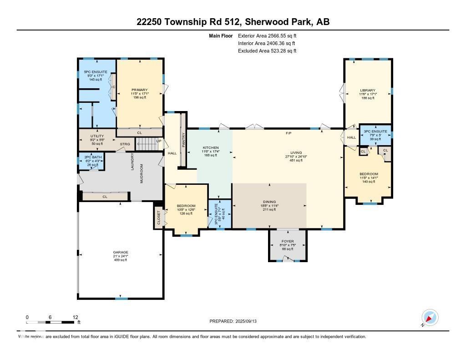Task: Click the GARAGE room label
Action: point(121,252)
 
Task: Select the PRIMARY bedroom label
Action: point(140,90)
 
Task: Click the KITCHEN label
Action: point(211,147)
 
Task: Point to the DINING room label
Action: point(269,202)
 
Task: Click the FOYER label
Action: point(288,241)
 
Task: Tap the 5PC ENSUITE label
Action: point(96,72)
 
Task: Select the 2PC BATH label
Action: point(91,157)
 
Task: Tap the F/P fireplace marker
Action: point(289,133)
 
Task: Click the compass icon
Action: point(430,317)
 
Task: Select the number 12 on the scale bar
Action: point(76,317)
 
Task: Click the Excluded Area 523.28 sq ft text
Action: point(267,51)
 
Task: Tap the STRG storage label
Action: point(125,144)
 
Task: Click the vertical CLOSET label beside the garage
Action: point(159,218)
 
